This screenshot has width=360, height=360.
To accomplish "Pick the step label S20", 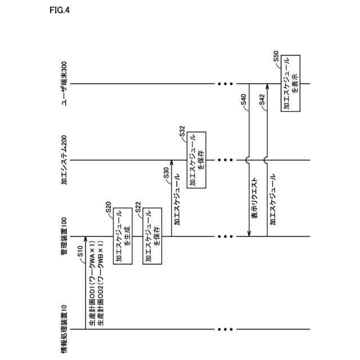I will [x=108, y=208].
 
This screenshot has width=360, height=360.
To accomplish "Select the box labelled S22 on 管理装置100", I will [x=150, y=236].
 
